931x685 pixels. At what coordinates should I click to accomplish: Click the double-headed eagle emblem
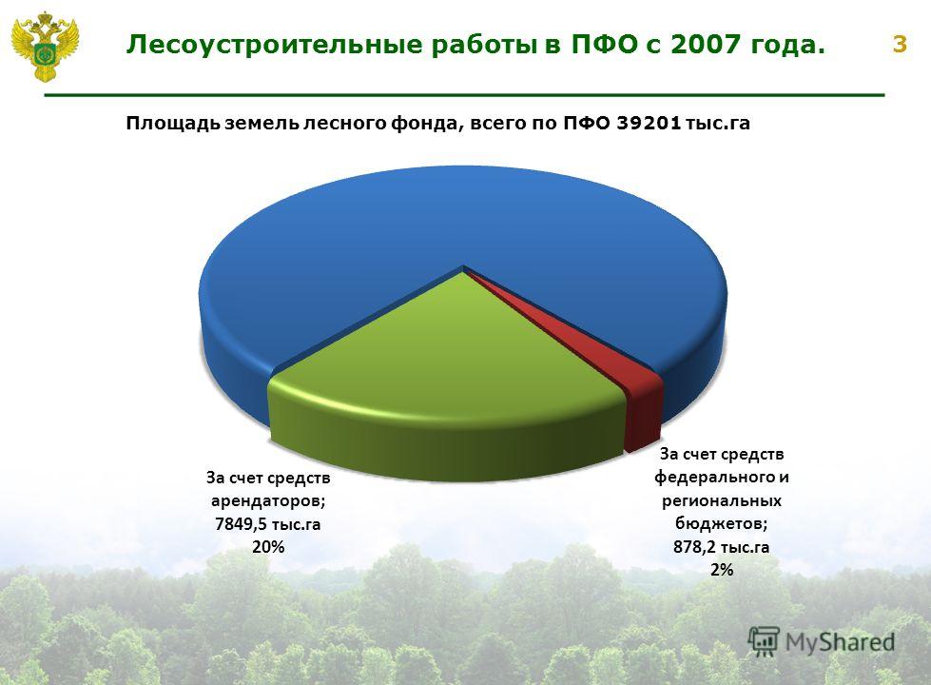(x=45, y=47)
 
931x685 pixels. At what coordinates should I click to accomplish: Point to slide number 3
(x=900, y=45)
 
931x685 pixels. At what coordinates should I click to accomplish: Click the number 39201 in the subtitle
(x=649, y=123)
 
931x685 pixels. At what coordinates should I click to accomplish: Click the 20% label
(x=268, y=547)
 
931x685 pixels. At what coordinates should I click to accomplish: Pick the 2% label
(x=722, y=570)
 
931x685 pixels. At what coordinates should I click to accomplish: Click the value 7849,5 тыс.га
(x=268, y=524)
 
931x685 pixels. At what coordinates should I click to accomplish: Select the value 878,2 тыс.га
(x=722, y=547)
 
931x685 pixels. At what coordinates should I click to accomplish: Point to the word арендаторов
(x=268, y=501)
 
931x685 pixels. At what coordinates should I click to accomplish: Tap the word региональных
(x=722, y=501)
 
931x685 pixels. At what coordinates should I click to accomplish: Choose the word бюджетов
(x=722, y=524)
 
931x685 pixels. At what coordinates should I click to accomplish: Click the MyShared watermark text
(x=840, y=642)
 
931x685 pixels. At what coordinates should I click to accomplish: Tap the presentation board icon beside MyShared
(x=764, y=641)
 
